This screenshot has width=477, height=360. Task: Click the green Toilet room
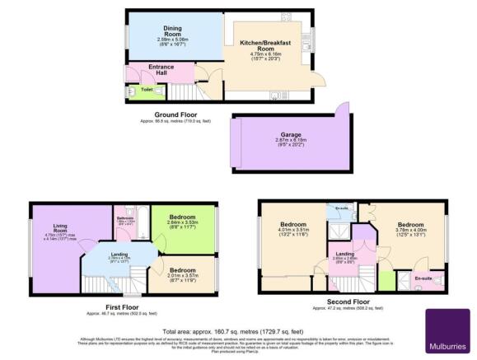pyautogui.click(x=147, y=89)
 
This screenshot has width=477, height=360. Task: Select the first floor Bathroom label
pyautogui.click(x=125, y=218)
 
